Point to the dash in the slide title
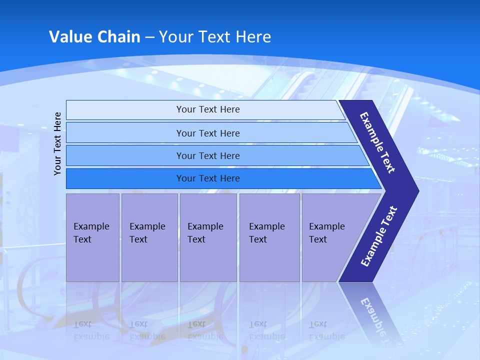[x=149, y=37]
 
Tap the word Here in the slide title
[x=253, y=37]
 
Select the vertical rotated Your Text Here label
[x=57, y=143]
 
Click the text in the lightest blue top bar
[x=208, y=109]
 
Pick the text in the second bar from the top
[x=208, y=133]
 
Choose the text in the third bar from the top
[x=208, y=156]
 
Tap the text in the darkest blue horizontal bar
[x=208, y=178]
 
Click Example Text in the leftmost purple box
[x=91, y=233]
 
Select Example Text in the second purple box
[x=147, y=233]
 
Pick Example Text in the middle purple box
[x=205, y=233]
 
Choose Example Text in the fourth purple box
[x=266, y=233]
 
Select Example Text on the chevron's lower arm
[x=379, y=236]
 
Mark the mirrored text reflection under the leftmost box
[x=91, y=330]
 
